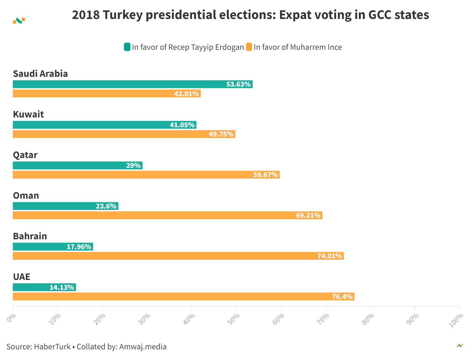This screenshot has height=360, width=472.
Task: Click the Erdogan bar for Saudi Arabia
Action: tap(133, 84)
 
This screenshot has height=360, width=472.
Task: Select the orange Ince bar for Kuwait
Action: tap(124, 134)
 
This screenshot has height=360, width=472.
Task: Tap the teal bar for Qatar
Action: tap(78, 165)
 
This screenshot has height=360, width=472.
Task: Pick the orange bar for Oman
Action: tap(168, 215)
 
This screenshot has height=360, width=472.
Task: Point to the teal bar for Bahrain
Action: tap(53, 247)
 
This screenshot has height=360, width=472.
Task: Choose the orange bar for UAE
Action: tap(184, 297)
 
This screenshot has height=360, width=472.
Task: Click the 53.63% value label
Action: tap(238, 85)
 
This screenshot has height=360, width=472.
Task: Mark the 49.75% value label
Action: tap(221, 134)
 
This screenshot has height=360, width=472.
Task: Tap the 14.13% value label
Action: tap(62, 287)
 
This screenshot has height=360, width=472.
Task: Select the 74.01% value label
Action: tap(329, 256)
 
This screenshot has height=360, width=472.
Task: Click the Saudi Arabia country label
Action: tap(40, 74)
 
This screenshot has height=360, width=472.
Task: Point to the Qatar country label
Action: tap(25, 155)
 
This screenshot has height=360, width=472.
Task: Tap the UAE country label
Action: tap(22, 277)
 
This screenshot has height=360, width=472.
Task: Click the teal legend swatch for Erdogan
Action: tap(127, 47)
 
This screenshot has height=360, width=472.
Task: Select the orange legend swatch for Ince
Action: tap(249, 47)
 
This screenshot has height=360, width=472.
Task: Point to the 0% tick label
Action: tap(11, 318)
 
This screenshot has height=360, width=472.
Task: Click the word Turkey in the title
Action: tap(122, 15)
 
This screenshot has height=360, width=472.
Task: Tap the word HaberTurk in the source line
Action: tap(52, 347)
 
